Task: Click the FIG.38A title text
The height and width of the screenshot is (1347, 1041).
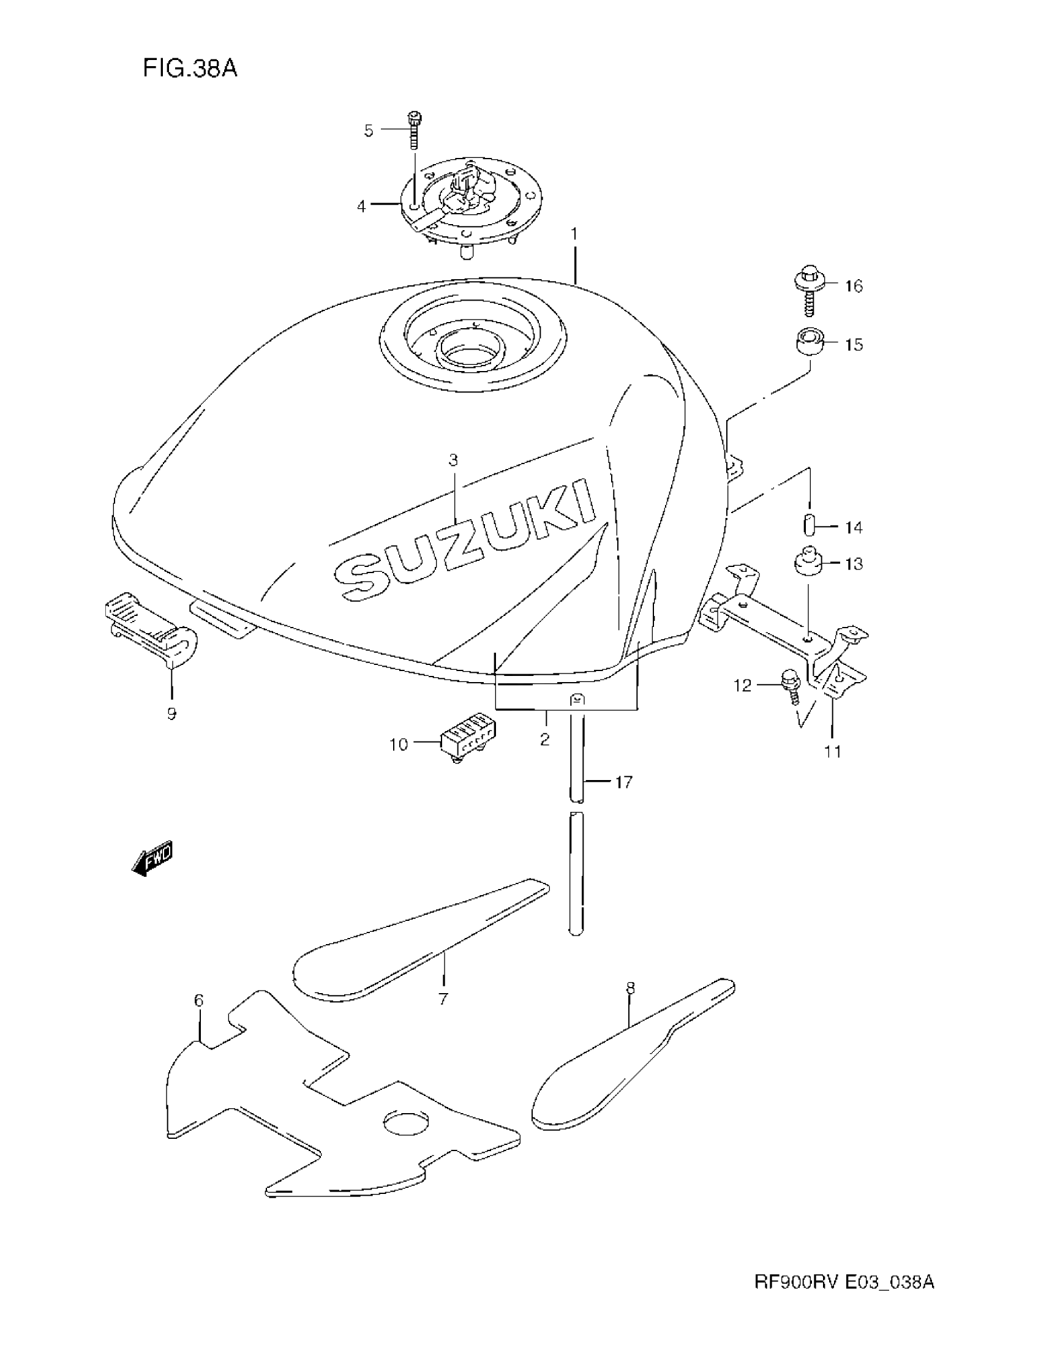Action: [x=190, y=68]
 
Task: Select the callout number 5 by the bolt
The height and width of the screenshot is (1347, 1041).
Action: [x=369, y=130]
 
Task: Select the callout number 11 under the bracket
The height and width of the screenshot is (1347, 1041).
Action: [x=833, y=751]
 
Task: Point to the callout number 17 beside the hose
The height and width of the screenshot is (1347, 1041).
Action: [x=624, y=782]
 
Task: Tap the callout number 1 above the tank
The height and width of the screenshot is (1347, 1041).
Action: [x=574, y=235]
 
